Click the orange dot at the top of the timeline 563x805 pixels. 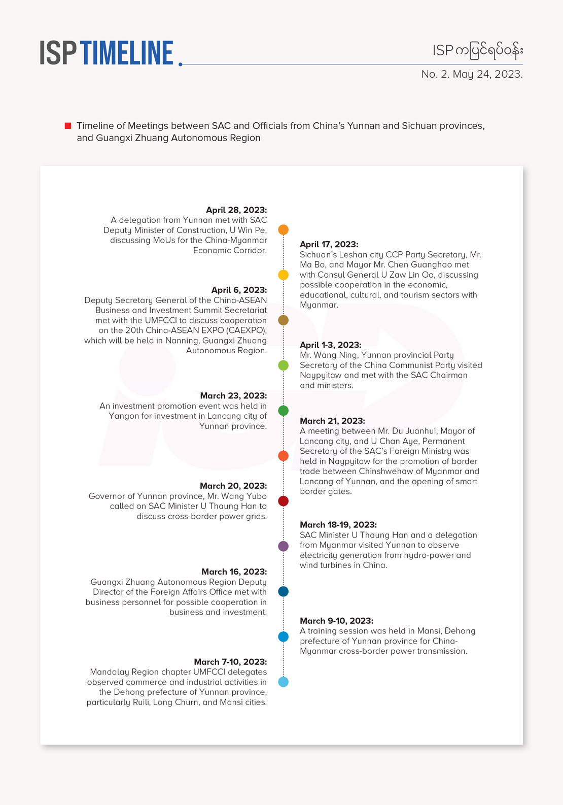(284, 230)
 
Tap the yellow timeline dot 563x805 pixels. (284, 275)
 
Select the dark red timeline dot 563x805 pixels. (284, 501)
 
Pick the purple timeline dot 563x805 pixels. (284, 546)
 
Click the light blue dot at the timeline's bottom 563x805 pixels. (284, 682)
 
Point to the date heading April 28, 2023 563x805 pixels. (236, 210)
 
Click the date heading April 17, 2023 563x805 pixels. (329, 245)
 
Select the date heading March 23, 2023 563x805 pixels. (233, 396)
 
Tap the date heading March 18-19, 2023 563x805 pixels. (338, 525)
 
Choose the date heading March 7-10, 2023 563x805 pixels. (230, 662)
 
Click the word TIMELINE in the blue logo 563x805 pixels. (127, 53)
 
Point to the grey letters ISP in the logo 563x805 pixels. (58, 53)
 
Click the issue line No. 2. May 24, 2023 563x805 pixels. (472, 74)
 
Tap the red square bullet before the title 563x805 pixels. (68, 126)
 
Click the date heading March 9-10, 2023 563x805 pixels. (336, 621)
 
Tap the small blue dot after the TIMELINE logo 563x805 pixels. (181, 64)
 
